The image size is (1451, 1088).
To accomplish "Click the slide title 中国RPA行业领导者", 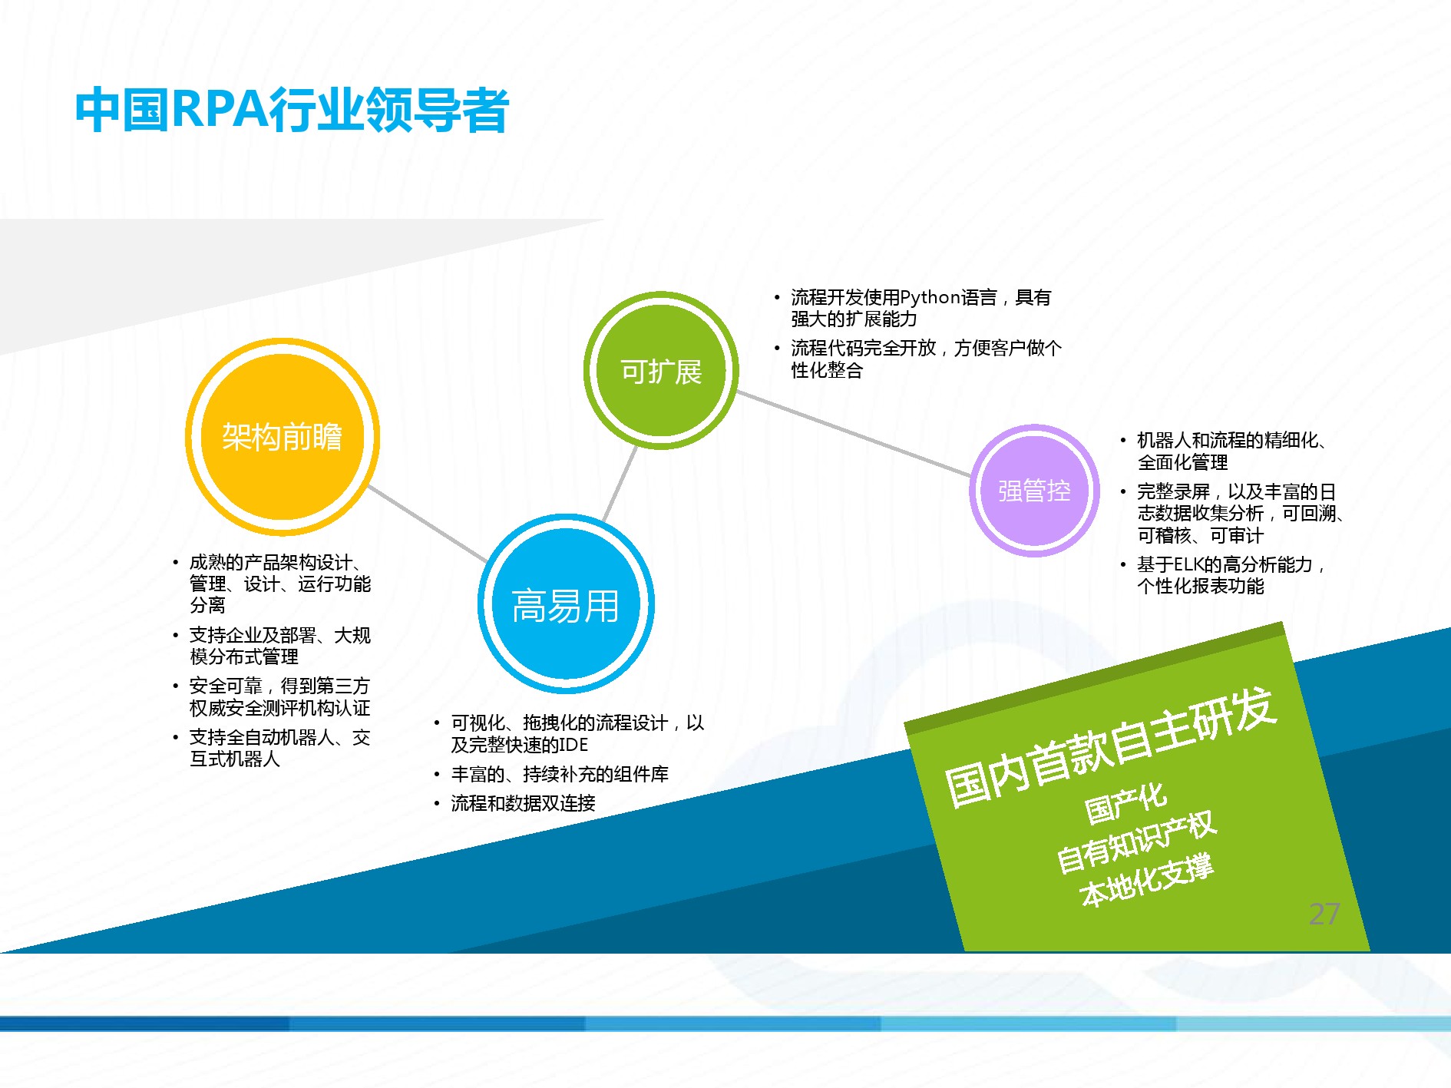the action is point(292,110).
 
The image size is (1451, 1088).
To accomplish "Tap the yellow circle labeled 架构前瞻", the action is point(283,437).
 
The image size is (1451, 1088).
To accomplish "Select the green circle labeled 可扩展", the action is point(661,371).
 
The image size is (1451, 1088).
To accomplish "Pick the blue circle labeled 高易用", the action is point(566,604).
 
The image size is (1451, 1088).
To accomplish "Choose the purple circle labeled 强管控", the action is point(1034,490).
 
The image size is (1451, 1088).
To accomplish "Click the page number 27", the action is point(1324,914).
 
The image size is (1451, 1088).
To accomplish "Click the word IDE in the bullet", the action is point(573,745).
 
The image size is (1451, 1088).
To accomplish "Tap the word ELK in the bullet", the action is point(1188,564).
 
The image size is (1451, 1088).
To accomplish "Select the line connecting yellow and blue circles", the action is point(427,524).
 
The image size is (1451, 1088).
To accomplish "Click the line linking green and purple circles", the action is point(854,434).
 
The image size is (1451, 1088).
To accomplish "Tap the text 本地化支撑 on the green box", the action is point(1146,880).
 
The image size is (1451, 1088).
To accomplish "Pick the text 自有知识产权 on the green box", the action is point(1136,842).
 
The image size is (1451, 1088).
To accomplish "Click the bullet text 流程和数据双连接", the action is point(523,803).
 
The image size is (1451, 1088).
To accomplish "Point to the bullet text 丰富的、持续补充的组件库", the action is point(560,774).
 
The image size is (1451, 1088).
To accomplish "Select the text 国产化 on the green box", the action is point(1125,802).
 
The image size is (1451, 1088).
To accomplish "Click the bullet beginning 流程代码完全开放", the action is point(927,359).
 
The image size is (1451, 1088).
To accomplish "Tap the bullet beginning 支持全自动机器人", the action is point(280,748).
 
